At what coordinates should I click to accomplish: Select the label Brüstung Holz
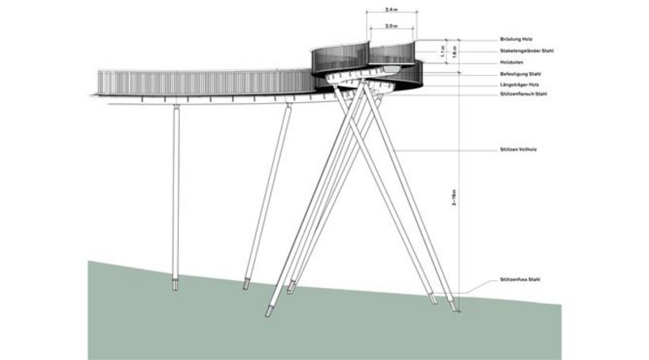coord(517,39)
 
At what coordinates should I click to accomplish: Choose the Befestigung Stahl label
coord(520,74)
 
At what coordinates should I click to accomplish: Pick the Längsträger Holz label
coord(520,85)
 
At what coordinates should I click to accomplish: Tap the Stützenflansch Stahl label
coord(523,95)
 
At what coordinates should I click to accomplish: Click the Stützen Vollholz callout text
coord(518,150)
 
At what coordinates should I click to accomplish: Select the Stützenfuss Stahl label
coord(519,281)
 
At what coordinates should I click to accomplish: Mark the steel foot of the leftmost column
coord(175,282)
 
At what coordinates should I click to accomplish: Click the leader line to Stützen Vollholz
coord(443,150)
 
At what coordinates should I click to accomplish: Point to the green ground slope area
coord(158,324)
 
